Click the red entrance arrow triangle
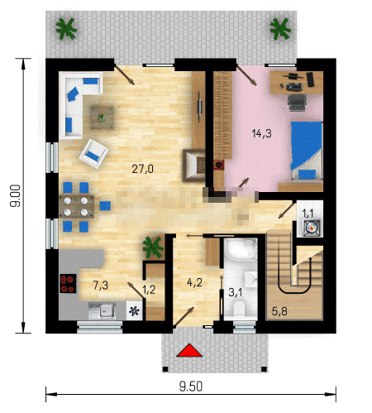click(189, 350)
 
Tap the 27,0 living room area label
click(142, 169)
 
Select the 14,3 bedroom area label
click(261, 133)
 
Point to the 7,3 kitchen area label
click(100, 286)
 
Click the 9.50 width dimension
click(191, 387)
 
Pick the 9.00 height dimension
click(16, 195)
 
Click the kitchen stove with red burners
click(68, 284)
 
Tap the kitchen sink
click(102, 310)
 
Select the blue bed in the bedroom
click(307, 151)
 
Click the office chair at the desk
click(297, 102)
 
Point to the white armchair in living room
click(93, 154)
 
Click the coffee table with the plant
click(103, 118)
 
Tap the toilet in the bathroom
click(238, 310)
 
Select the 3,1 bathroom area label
click(236, 292)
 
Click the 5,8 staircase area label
click(279, 311)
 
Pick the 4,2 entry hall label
click(194, 282)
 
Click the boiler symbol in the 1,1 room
click(312, 228)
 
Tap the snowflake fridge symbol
click(135, 310)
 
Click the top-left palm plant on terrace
click(66, 29)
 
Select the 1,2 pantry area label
click(149, 290)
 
